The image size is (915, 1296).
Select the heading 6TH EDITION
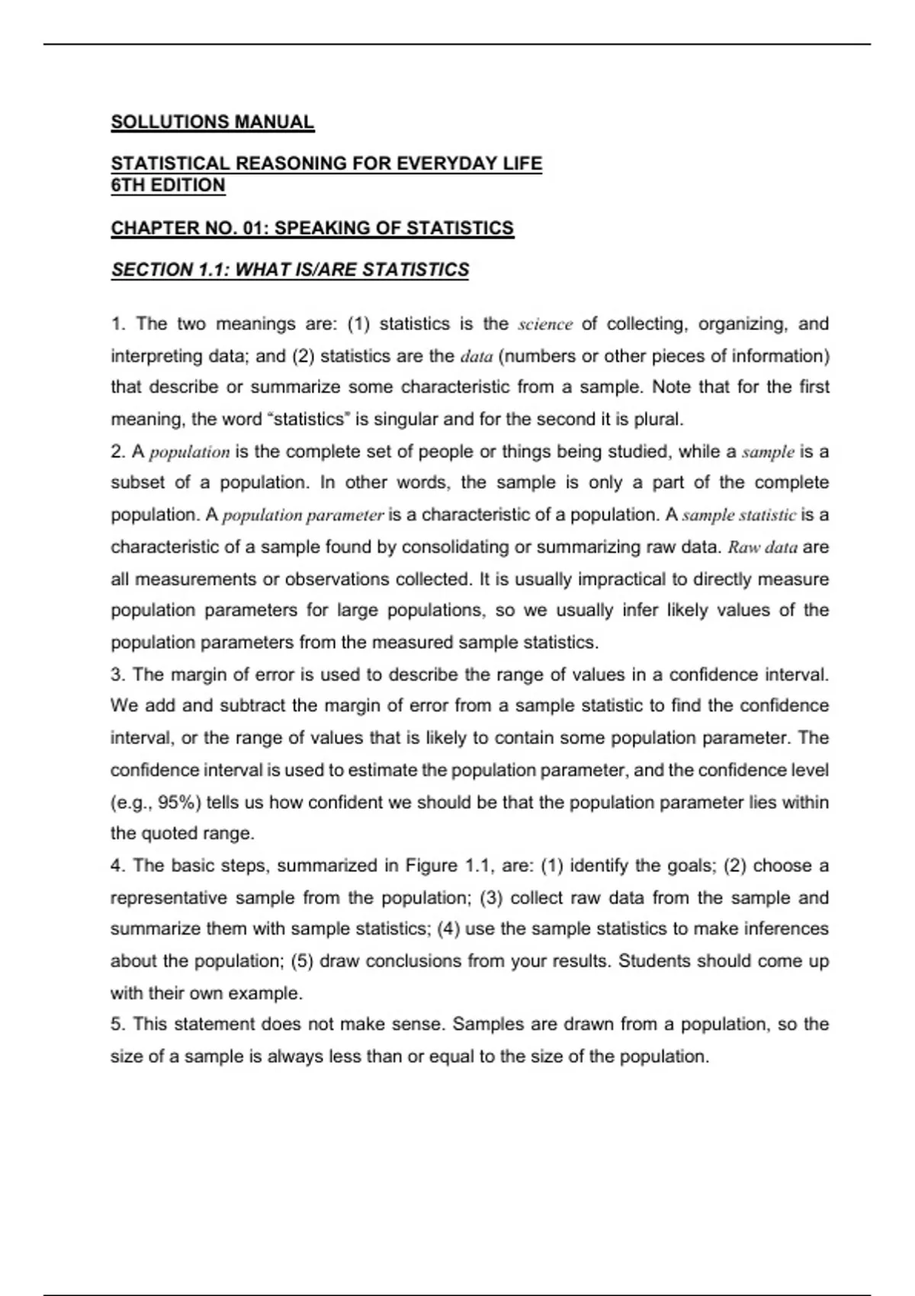click(168, 185)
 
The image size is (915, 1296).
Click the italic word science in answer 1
click(544, 325)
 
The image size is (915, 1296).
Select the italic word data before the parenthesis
click(477, 357)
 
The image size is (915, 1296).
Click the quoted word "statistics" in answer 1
click(311, 419)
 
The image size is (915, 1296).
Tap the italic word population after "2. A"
click(189, 452)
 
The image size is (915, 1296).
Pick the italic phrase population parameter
click(303, 515)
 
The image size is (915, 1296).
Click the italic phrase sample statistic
click(739, 515)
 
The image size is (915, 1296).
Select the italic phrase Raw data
click(762, 547)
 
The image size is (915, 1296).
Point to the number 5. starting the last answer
click(118, 1025)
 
